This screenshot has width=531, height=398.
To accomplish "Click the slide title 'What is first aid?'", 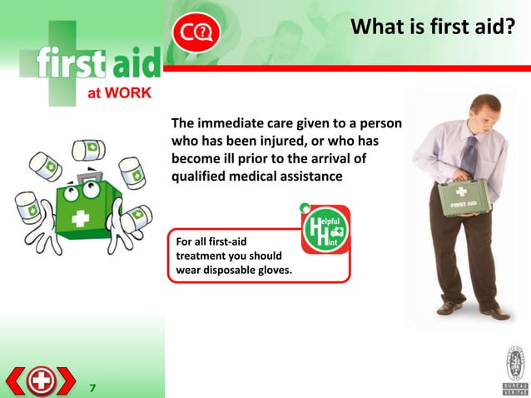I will (x=432, y=28).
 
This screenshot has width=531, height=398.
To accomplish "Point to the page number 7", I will (x=92, y=386).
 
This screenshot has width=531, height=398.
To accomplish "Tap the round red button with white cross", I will (x=40, y=381).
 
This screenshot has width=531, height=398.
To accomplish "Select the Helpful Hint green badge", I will (x=325, y=229).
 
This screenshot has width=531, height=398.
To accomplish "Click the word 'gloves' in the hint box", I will (x=274, y=270).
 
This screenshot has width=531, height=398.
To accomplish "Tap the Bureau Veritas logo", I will (x=514, y=370).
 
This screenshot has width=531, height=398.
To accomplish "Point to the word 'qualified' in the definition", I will (x=201, y=177).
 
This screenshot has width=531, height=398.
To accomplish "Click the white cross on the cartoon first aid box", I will (x=81, y=219).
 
